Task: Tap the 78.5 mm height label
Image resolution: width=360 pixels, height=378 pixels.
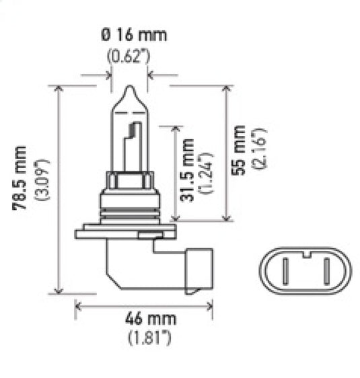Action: [x=25, y=177]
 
